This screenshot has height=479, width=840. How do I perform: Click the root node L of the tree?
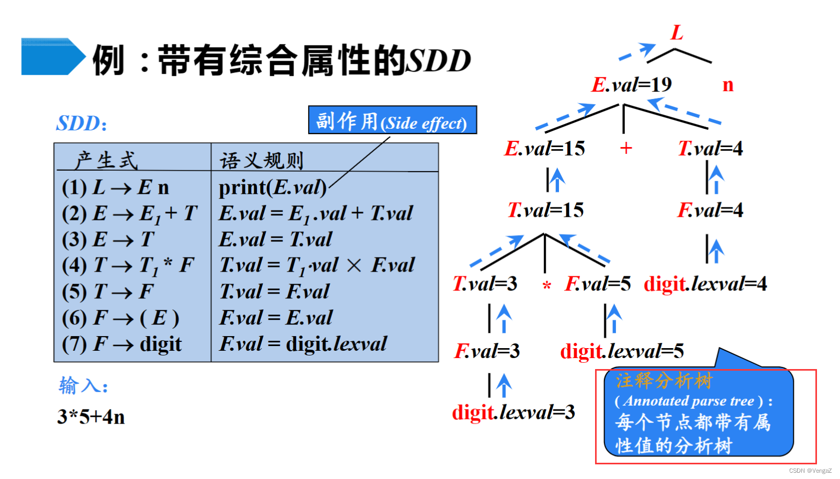click(x=677, y=33)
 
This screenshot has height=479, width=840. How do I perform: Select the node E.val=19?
click(x=631, y=85)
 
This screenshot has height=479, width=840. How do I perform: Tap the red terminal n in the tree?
click(x=727, y=85)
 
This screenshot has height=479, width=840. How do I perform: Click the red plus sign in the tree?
click(x=626, y=148)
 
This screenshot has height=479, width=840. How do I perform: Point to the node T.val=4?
click(x=710, y=149)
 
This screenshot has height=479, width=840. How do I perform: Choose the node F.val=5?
click(x=597, y=284)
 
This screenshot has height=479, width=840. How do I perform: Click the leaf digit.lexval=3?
click(x=513, y=413)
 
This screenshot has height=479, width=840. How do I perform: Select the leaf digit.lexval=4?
click(x=705, y=284)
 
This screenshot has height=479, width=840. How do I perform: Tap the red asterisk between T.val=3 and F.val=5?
click(x=546, y=286)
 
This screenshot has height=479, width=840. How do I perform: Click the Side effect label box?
click(x=392, y=120)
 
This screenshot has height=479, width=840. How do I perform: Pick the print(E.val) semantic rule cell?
click(x=273, y=187)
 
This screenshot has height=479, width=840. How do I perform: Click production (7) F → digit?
click(x=122, y=344)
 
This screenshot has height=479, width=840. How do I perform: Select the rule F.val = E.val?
click(x=276, y=318)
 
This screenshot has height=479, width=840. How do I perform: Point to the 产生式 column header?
click(x=106, y=160)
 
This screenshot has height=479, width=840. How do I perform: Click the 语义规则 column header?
click(x=261, y=160)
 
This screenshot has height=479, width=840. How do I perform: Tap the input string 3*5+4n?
click(x=91, y=417)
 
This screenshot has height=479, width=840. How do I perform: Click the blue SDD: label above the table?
click(x=82, y=124)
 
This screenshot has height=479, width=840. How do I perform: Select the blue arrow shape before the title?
click(x=52, y=57)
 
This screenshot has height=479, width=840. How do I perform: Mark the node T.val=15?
click(x=545, y=210)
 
